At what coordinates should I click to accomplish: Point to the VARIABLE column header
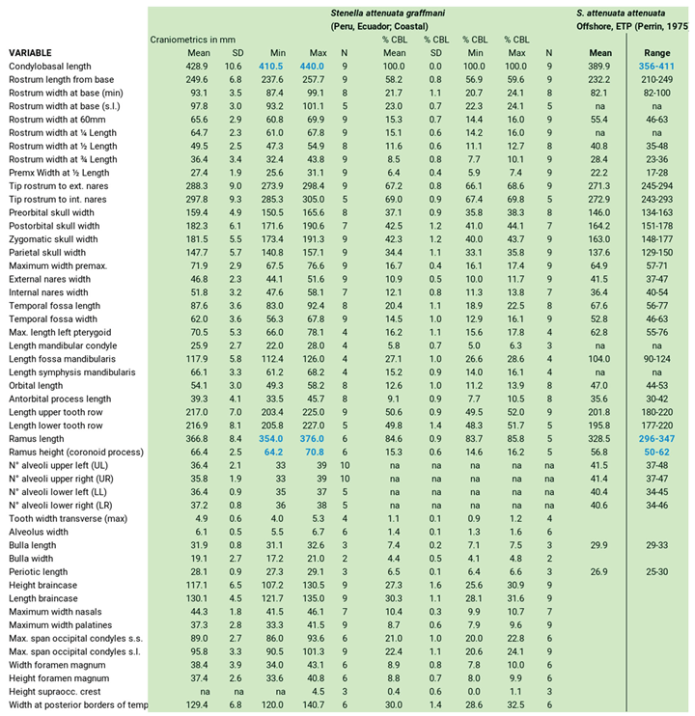[31, 51]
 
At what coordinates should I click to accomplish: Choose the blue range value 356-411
[653, 65]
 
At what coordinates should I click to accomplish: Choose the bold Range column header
[653, 51]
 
